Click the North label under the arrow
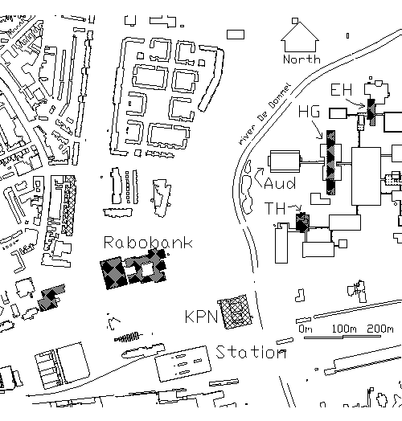click(x=301, y=59)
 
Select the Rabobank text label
click(x=148, y=243)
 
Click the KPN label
click(x=201, y=317)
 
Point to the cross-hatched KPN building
click(x=236, y=312)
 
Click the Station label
click(x=251, y=352)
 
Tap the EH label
click(x=341, y=90)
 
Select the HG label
click(x=309, y=111)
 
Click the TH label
click(x=275, y=208)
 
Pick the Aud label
click(x=280, y=184)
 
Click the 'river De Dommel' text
click(x=265, y=114)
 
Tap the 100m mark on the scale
click(x=344, y=329)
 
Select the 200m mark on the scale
click(x=380, y=329)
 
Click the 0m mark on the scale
click(x=306, y=329)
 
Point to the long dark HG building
click(x=330, y=162)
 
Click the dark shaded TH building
click(x=302, y=222)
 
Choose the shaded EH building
click(x=371, y=112)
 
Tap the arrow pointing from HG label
click(x=318, y=130)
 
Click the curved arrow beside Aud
click(x=258, y=176)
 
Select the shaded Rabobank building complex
click(x=133, y=269)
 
